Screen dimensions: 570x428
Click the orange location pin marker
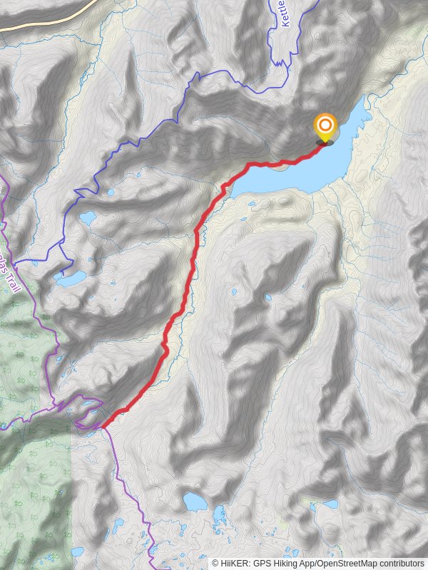pyautogui.click(x=325, y=128)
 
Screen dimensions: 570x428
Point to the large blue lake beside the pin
pyautogui.click(x=300, y=171)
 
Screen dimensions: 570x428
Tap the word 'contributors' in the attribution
pyautogui.click(x=402, y=563)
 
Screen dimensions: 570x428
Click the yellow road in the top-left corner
pyautogui.click(x=43, y=19)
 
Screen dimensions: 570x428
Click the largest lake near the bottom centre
pyautogui.click(x=195, y=502)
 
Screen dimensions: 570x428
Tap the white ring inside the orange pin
pyautogui.click(x=325, y=125)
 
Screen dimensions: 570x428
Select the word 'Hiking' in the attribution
pyautogui.click(x=287, y=563)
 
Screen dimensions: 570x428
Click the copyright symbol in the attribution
pyautogui.click(x=215, y=563)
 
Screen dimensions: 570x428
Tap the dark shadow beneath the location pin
pyautogui.click(x=325, y=142)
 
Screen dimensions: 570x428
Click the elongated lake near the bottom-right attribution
pyautogui.click(x=328, y=504)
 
